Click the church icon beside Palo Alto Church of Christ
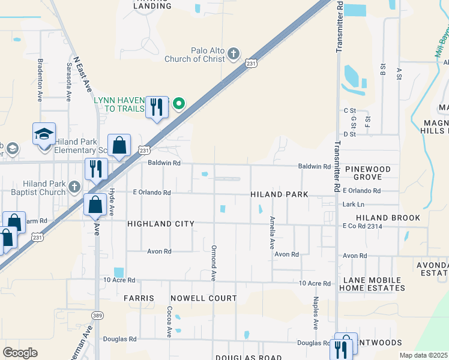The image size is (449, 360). pyautogui.click(x=234, y=55)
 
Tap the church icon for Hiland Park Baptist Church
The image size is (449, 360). pyautogui.click(x=74, y=186)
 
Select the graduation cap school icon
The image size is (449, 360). pyautogui.click(x=44, y=135)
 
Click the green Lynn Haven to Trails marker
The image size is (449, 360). pyautogui.click(x=178, y=104)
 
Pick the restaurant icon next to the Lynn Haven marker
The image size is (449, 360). pyautogui.click(x=157, y=107)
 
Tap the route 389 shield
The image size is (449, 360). pyautogui.click(x=97, y=315)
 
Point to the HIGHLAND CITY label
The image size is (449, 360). pyautogui.click(x=161, y=224)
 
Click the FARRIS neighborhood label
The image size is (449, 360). pyautogui.click(x=139, y=298)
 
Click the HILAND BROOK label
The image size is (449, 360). pyautogui.click(x=388, y=218)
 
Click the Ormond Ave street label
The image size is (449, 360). pyautogui.click(x=213, y=262)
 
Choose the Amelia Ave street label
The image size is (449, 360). pyautogui.click(x=271, y=233)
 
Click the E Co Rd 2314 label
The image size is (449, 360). pyautogui.click(x=362, y=226)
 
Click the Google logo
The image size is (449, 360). pyautogui.click(x=20, y=353)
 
